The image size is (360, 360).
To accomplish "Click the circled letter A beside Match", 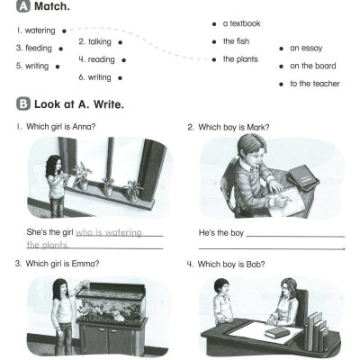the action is [x=23, y=6].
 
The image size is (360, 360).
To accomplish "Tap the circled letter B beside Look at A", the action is [x=23, y=104].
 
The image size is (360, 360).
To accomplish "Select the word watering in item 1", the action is [x=40, y=31].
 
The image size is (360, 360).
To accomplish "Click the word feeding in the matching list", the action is [x=39, y=49].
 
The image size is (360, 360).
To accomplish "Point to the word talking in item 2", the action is [x=100, y=41].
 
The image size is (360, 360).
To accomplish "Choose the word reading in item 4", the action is [x=101, y=59].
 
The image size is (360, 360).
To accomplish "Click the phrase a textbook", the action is [x=241, y=23].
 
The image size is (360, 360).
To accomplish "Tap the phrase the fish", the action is [x=236, y=41].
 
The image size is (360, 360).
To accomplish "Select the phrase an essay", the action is [x=306, y=49].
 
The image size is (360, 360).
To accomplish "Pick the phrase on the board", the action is [x=313, y=66].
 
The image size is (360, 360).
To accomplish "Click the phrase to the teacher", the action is [x=315, y=84].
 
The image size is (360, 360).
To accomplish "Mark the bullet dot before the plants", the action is [x=214, y=59].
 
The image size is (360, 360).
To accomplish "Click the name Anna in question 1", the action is [x=84, y=127].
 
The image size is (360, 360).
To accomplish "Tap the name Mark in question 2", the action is [x=257, y=127].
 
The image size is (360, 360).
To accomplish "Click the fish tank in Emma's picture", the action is [x=111, y=303].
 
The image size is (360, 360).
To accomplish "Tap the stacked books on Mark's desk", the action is [x=301, y=177].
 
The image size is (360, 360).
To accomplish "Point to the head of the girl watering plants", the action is [x=54, y=164].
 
